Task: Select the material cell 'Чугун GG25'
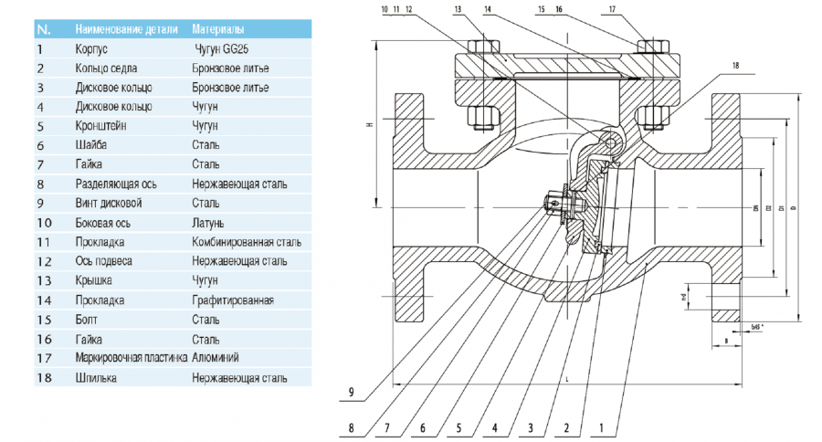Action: (x=222, y=48)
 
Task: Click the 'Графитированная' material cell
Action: (x=233, y=300)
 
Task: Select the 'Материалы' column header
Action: (x=219, y=29)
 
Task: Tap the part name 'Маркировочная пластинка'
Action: (x=132, y=357)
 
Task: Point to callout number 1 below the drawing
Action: (x=601, y=427)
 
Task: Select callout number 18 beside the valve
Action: (x=736, y=66)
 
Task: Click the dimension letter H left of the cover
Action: (x=369, y=125)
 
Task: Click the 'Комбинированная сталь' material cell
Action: (x=247, y=242)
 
